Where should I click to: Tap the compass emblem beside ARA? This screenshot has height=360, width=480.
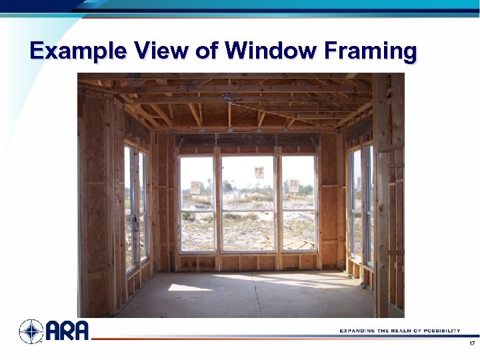[x=31, y=331]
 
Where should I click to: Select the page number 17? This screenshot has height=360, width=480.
[x=472, y=344]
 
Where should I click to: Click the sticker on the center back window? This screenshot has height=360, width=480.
[x=259, y=173]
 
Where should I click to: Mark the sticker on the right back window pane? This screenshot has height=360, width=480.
[x=293, y=186]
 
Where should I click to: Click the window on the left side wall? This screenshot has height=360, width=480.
[x=135, y=207]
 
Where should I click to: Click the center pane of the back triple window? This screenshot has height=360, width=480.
[x=247, y=203]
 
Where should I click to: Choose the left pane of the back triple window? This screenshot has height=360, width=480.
[x=197, y=203]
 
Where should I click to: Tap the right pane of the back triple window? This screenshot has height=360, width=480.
[x=299, y=203]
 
